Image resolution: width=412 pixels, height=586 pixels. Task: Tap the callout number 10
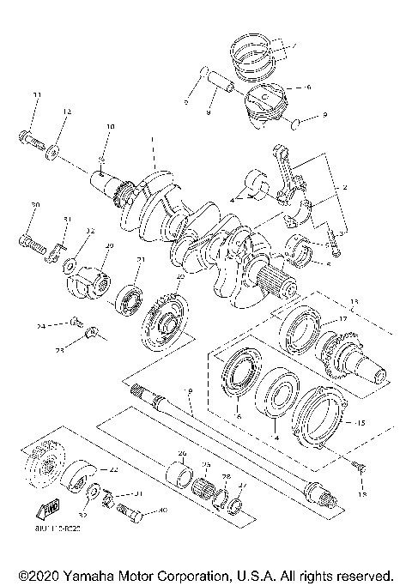[x=110, y=127]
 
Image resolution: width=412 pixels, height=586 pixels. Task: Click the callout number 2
[x=344, y=187]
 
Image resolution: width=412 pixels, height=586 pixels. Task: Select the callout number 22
[x=113, y=470]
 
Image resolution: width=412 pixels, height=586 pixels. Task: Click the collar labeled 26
[x=182, y=472]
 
